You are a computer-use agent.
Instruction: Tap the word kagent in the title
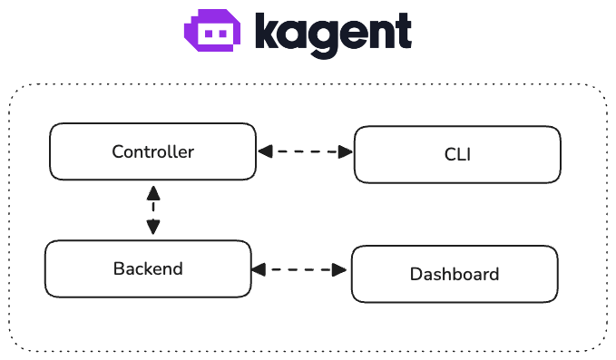click(x=333, y=34)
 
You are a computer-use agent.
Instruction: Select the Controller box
click(x=152, y=151)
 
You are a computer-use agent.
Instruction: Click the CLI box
click(x=457, y=154)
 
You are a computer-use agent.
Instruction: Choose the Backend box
click(x=148, y=268)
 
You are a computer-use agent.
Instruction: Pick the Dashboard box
click(x=455, y=274)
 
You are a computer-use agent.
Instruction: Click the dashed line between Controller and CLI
click(x=305, y=151)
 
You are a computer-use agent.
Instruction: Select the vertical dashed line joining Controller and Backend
click(x=153, y=210)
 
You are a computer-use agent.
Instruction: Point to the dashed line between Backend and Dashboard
click(x=301, y=269)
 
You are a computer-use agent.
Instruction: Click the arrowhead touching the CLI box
click(x=346, y=151)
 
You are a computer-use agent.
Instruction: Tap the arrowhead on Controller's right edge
click(x=264, y=151)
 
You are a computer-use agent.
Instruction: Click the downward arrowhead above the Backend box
click(x=153, y=229)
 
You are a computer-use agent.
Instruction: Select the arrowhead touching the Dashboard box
click(x=343, y=269)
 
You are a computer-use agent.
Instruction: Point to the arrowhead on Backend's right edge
click(x=259, y=269)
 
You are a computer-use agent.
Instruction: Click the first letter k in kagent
click(x=268, y=31)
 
